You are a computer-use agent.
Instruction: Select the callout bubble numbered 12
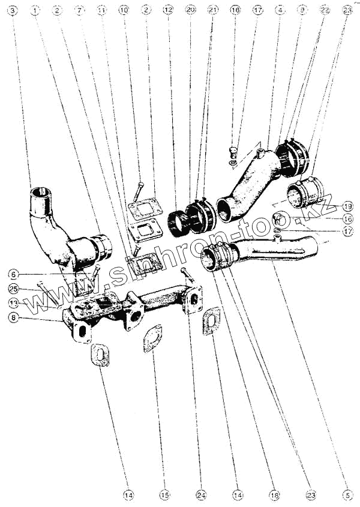tap(167, 11)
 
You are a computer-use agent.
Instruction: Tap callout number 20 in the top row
tap(190, 11)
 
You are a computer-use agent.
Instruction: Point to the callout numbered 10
tap(124, 11)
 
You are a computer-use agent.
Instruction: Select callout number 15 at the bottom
tap(165, 495)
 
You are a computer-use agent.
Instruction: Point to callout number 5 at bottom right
tap(347, 495)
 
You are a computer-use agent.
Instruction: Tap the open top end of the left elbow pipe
tap(41, 193)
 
